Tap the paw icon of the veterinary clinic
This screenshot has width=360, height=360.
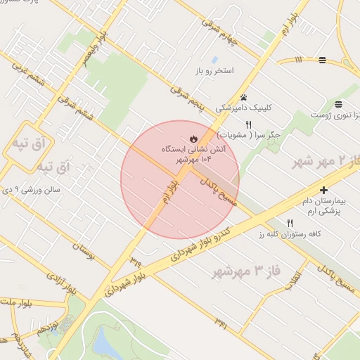243,98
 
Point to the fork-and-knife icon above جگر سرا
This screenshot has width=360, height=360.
248,124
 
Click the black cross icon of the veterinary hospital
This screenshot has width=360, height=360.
323,190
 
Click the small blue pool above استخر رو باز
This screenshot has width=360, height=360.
214,60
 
